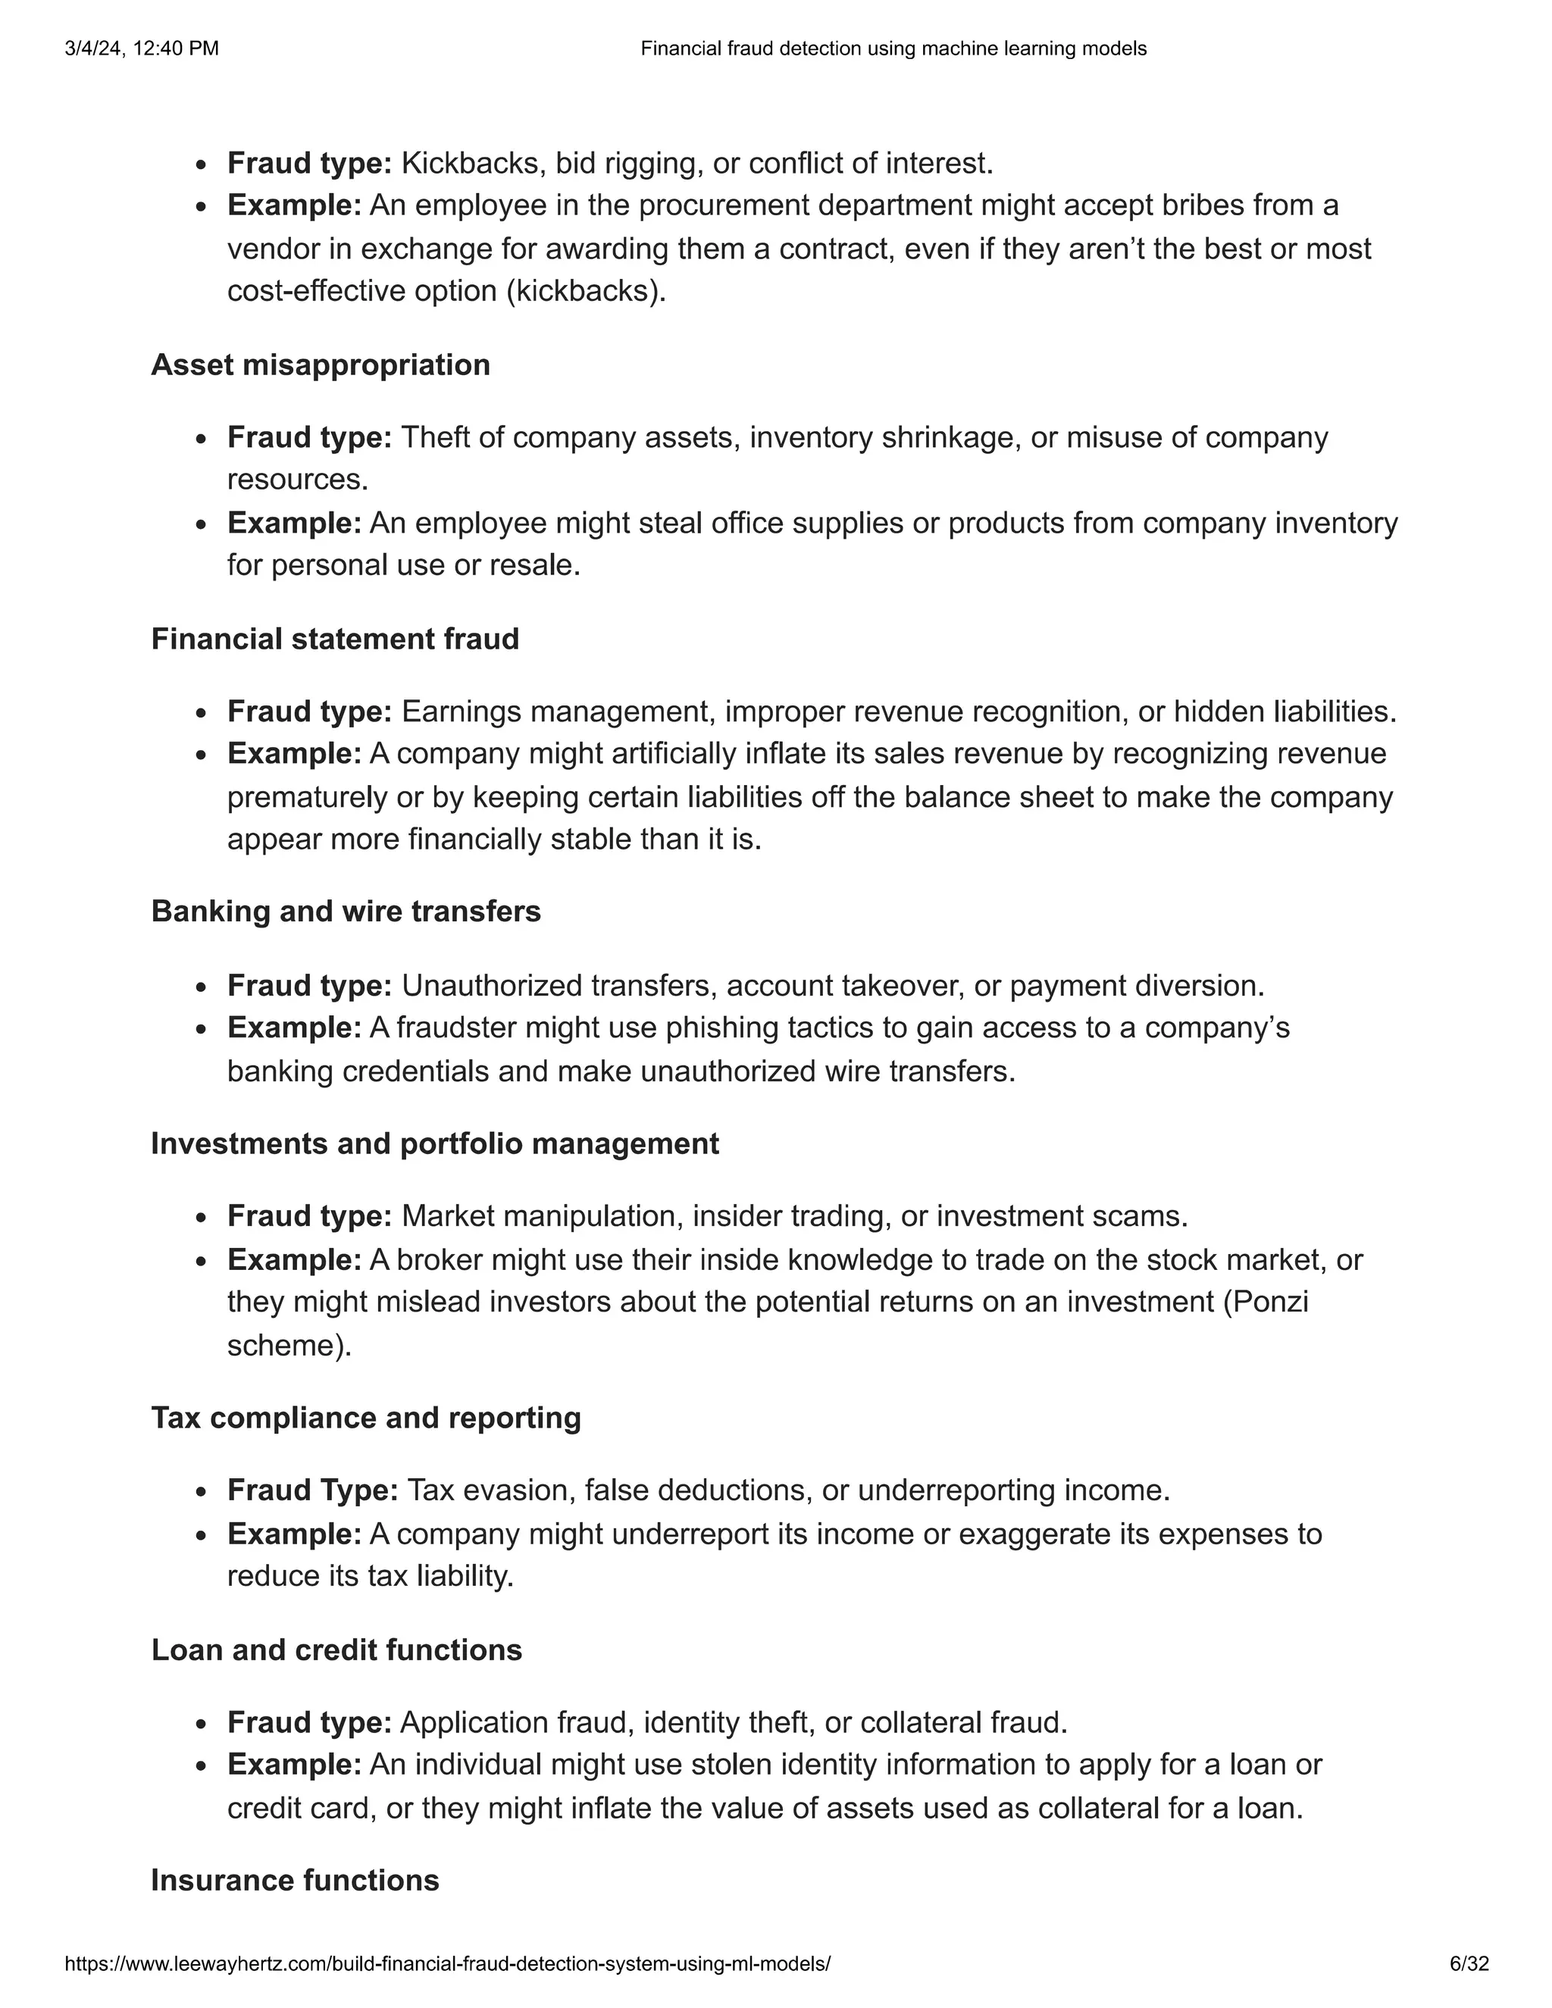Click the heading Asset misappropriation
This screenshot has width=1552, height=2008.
coord(320,365)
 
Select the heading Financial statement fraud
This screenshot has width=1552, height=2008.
coord(335,639)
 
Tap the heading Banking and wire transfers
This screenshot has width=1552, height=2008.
coord(346,911)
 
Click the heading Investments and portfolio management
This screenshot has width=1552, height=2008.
coord(435,1143)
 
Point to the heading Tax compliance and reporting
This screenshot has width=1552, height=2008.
coord(366,1418)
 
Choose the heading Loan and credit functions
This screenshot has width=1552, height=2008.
coord(336,1650)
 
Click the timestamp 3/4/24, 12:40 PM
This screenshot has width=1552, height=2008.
coord(142,48)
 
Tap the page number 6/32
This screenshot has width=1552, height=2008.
coord(1469,1965)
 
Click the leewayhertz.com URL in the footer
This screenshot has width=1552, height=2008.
coord(448,1965)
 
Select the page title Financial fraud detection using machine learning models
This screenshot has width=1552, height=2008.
coord(893,48)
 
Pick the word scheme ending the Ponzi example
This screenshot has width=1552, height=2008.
coord(289,1346)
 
